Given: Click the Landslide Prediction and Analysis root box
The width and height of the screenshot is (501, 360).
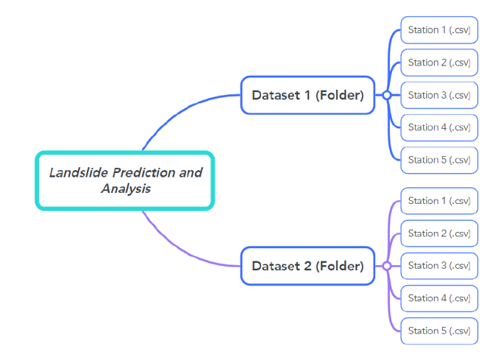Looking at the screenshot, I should coord(124,180).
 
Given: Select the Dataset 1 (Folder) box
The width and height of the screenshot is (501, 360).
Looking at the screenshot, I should coord(308,95).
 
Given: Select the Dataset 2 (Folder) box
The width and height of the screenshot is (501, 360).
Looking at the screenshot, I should coord(308,266).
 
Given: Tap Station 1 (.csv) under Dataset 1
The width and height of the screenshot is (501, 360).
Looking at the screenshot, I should coord(439,30).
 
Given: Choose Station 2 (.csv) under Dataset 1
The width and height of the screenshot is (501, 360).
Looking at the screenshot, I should coord(439,63).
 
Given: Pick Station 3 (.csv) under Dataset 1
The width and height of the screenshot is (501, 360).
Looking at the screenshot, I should coord(439,95).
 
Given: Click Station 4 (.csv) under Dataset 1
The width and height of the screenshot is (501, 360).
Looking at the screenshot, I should coord(439,127).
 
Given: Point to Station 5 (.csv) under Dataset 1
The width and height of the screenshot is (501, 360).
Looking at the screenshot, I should coord(439,160).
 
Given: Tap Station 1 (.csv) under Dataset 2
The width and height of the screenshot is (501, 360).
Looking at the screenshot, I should coord(439,201).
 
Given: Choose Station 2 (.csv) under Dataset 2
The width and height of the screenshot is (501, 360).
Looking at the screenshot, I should coord(439,233).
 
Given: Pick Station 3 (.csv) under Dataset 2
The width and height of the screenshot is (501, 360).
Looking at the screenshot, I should coord(439,266).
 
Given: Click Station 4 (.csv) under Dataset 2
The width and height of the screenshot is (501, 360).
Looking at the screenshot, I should coord(439,298).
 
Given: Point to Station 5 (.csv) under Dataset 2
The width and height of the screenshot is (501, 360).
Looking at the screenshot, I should coord(439,331).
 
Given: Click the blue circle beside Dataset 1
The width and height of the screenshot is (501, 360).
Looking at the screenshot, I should coord(386,95).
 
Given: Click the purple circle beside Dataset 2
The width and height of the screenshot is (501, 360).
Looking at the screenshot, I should coord(386,266).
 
